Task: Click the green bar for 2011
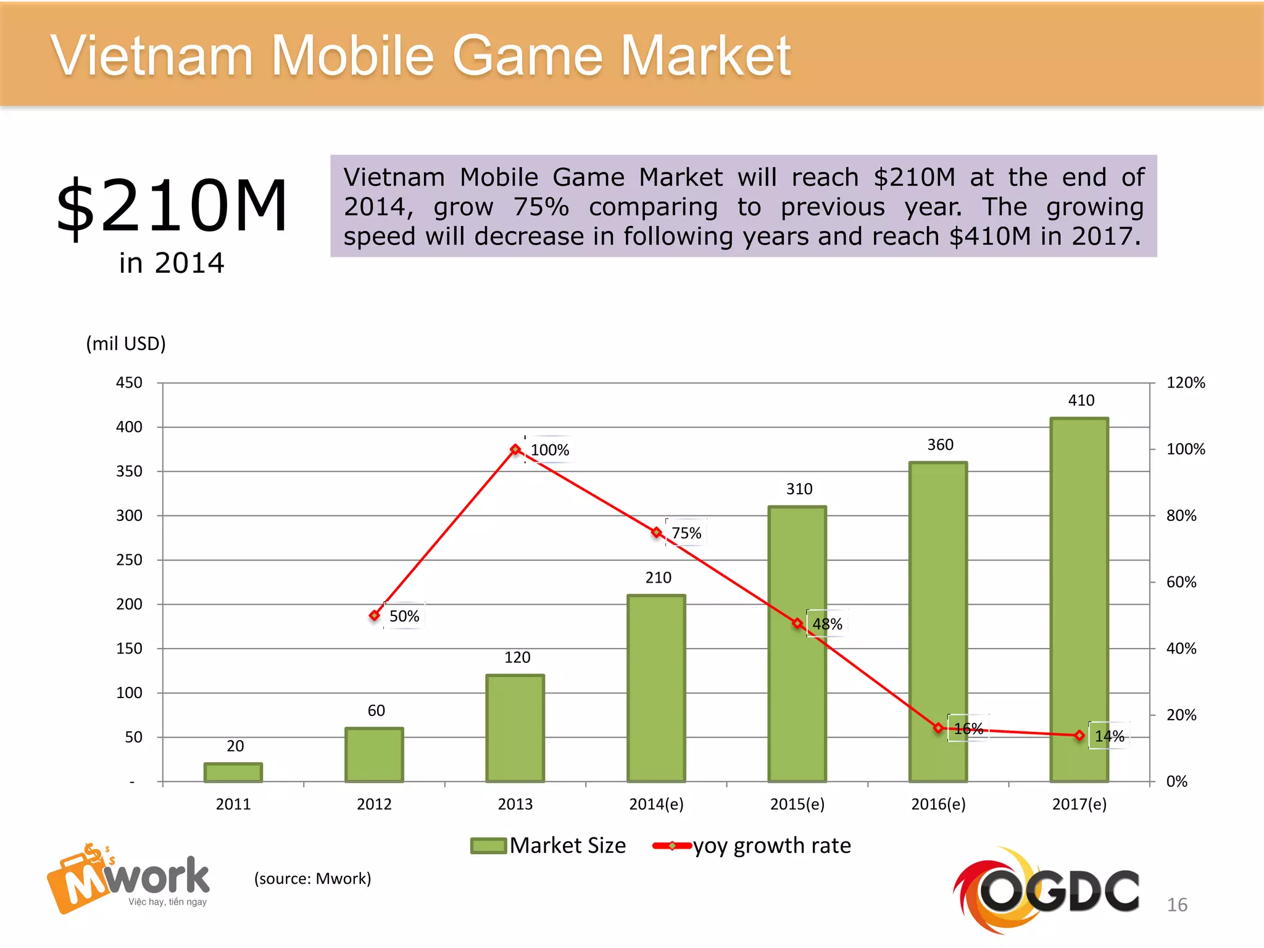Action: click(233, 772)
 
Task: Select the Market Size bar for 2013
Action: click(515, 728)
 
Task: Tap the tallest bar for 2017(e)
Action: click(1079, 599)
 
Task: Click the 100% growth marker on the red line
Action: click(515, 449)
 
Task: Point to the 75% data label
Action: click(686, 533)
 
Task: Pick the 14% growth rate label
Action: click(1109, 736)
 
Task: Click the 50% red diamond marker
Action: click(375, 615)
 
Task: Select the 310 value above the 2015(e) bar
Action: click(799, 489)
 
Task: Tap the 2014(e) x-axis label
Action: click(656, 804)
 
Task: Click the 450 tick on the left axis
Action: click(129, 383)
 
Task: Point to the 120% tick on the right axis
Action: click(1185, 383)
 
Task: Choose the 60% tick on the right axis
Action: click(1181, 582)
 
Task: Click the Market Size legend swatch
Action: click(488, 846)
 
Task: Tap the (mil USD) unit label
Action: click(126, 343)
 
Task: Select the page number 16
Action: click(1176, 905)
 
